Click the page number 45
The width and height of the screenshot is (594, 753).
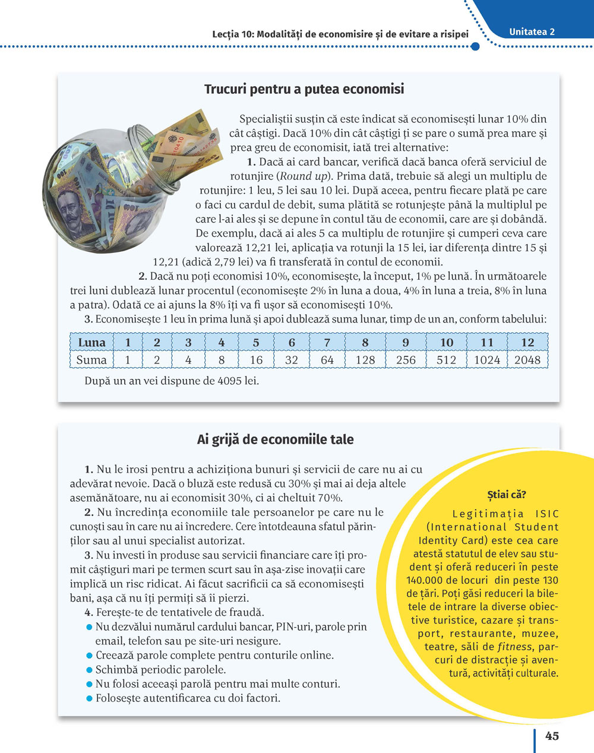click(x=552, y=736)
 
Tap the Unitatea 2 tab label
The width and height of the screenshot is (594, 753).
click(x=532, y=32)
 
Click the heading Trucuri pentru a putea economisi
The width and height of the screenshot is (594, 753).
click(x=304, y=89)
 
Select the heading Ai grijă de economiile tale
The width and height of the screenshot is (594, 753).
click(x=275, y=439)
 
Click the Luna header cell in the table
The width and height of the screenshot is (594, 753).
click(x=91, y=343)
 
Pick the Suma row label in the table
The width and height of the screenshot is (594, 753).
click(x=91, y=360)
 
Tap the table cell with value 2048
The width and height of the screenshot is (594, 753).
click(x=527, y=360)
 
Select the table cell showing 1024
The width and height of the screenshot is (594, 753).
click(x=487, y=360)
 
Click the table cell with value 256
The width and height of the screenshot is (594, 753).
click(x=406, y=360)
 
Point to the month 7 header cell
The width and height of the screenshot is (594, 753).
click(x=327, y=343)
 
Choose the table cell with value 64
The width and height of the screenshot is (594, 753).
click(x=327, y=360)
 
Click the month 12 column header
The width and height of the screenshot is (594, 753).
click(x=527, y=343)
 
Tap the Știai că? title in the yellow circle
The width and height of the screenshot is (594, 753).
click(x=507, y=495)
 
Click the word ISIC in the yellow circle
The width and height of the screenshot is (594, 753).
click(x=546, y=514)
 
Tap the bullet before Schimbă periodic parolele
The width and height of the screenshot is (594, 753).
click(x=90, y=670)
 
